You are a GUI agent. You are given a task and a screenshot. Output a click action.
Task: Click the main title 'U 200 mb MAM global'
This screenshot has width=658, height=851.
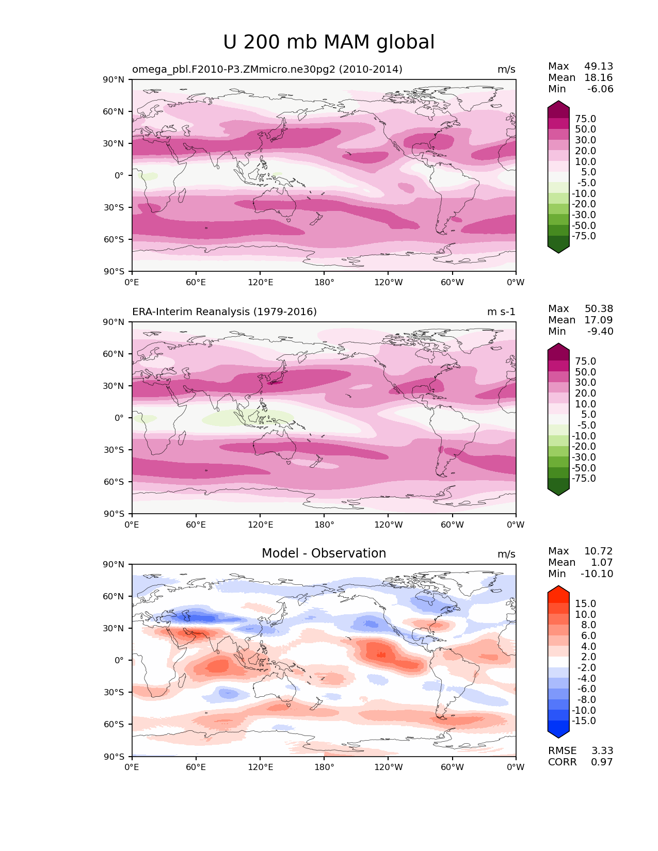click(x=329, y=42)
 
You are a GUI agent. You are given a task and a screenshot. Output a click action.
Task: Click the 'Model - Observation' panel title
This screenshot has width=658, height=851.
click(x=324, y=553)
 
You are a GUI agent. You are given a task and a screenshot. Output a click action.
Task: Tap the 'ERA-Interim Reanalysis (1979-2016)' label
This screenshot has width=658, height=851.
click(x=224, y=312)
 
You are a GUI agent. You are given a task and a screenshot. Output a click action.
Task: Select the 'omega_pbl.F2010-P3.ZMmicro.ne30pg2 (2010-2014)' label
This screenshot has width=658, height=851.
click(x=267, y=69)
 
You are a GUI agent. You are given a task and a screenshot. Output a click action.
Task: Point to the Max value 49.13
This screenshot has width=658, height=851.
click(x=599, y=66)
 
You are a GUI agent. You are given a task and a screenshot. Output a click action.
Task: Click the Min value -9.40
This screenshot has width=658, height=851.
click(x=600, y=331)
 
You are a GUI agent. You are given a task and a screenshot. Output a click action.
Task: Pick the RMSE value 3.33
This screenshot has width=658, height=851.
click(x=602, y=750)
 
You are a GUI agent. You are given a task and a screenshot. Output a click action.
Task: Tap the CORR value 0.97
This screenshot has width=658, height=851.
click(x=602, y=762)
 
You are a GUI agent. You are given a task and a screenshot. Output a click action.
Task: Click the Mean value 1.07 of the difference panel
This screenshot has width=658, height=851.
click(x=602, y=562)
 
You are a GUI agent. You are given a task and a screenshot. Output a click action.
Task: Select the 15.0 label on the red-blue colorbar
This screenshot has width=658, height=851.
click(x=585, y=603)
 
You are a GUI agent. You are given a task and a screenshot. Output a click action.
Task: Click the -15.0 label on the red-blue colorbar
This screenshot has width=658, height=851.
click(x=584, y=721)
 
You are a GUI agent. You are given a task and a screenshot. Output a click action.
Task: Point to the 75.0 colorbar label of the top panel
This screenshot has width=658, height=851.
click(x=585, y=119)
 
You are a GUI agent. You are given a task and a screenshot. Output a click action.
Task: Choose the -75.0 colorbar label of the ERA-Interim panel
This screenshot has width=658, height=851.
click(x=584, y=478)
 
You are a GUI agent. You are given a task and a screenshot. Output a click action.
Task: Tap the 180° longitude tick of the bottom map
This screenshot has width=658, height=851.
click(x=324, y=767)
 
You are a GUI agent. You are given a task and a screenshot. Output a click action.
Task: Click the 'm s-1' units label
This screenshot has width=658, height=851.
click(x=501, y=312)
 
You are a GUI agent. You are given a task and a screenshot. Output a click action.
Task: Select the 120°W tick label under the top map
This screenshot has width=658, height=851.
click(x=389, y=282)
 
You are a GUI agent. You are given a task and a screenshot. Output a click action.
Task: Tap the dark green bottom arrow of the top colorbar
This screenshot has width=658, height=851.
click(x=558, y=248)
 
